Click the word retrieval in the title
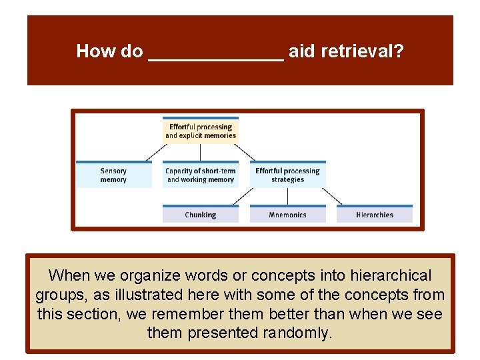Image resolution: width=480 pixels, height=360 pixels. [x=361, y=51]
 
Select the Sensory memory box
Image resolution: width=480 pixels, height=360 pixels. [x=113, y=175]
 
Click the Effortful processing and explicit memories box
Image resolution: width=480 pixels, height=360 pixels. [x=201, y=131]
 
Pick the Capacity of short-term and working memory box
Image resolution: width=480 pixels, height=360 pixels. [x=201, y=175]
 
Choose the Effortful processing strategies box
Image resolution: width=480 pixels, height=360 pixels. [x=287, y=175]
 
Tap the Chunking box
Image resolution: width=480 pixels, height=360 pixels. [x=201, y=215]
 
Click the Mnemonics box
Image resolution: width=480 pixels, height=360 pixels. [x=287, y=215]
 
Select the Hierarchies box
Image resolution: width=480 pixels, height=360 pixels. [x=374, y=215]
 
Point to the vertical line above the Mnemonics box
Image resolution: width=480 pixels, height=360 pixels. [x=287, y=196]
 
